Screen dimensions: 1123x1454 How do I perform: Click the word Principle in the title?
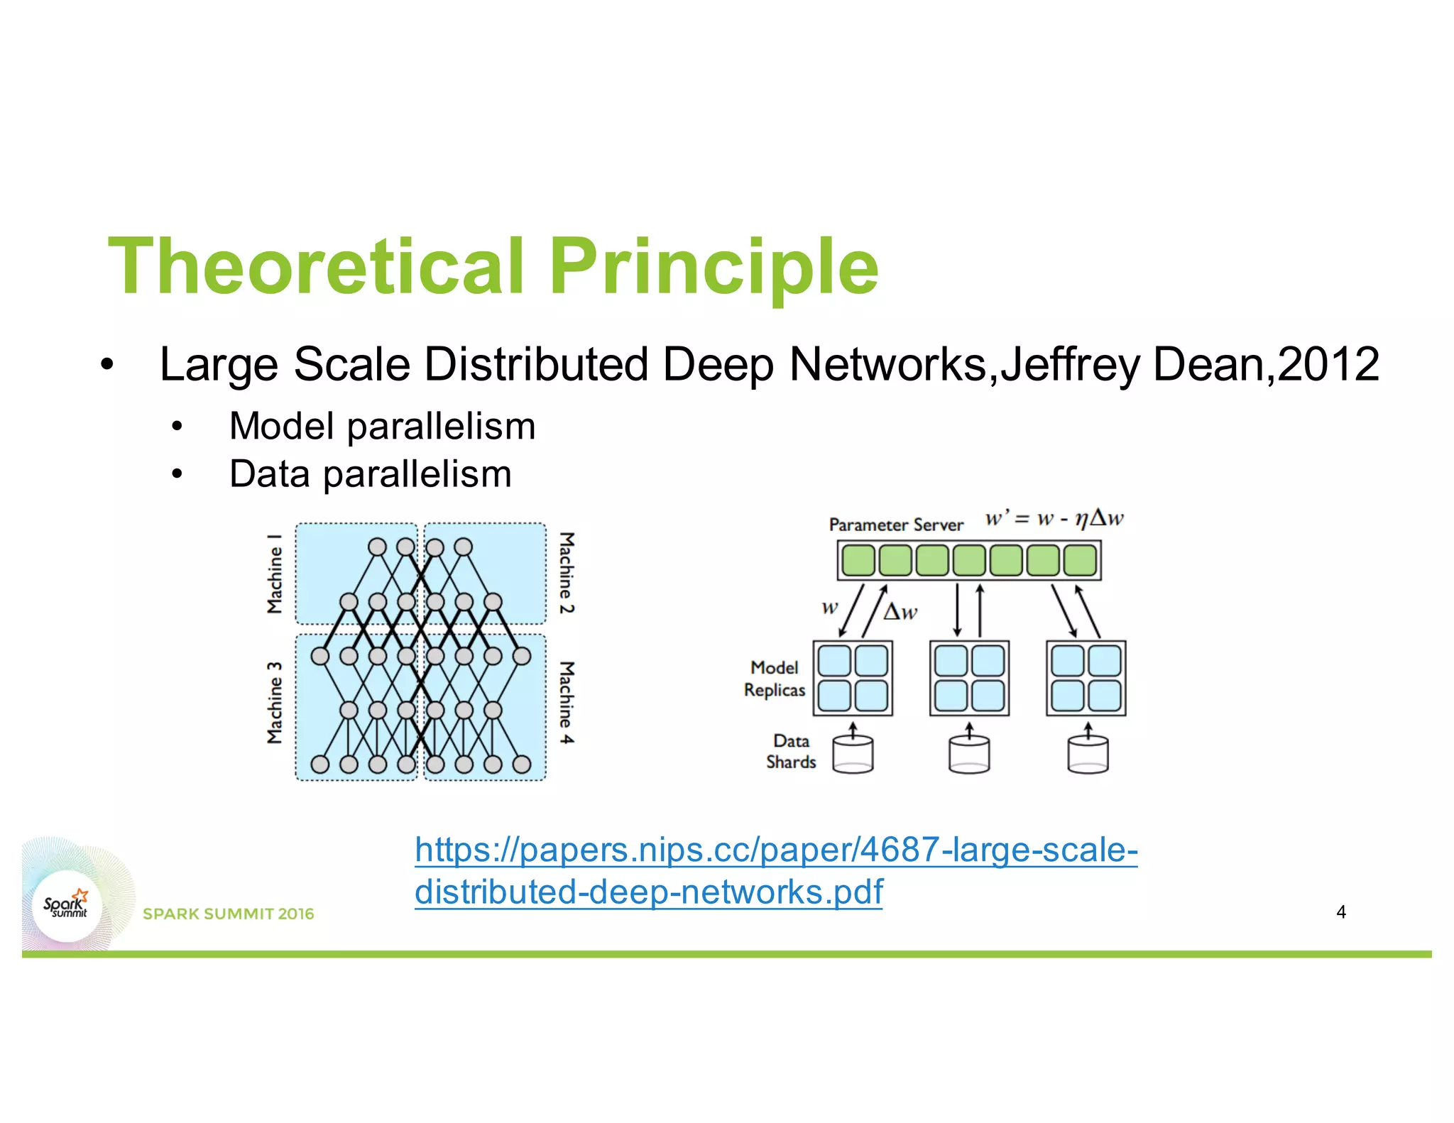[x=714, y=266]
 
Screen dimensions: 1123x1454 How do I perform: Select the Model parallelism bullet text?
[x=382, y=427]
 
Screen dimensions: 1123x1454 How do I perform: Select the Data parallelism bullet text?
[x=370, y=474]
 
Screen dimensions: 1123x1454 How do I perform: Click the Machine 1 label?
[x=275, y=574]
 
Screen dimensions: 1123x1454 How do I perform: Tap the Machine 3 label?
[x=275, y=703]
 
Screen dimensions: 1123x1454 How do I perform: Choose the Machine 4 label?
[x=566, y=703]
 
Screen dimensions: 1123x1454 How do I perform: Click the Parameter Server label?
[x=896, y=525]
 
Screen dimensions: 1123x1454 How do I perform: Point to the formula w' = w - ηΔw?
[x=1054, y=518]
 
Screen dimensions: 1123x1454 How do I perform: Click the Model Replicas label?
[x=775, y=679]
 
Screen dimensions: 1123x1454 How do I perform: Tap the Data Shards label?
[x=791, y=751]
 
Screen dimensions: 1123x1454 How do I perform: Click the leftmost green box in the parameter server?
[x=858, y=561]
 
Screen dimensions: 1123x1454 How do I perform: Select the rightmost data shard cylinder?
[x=1088, y=754]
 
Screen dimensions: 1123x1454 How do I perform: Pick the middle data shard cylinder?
[x=969, y=754]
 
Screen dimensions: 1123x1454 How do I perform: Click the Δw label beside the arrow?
[x=900, y=611]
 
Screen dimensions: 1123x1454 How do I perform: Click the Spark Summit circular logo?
[x=67, y=906]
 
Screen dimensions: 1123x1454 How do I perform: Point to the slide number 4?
[x=1340, y=912]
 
